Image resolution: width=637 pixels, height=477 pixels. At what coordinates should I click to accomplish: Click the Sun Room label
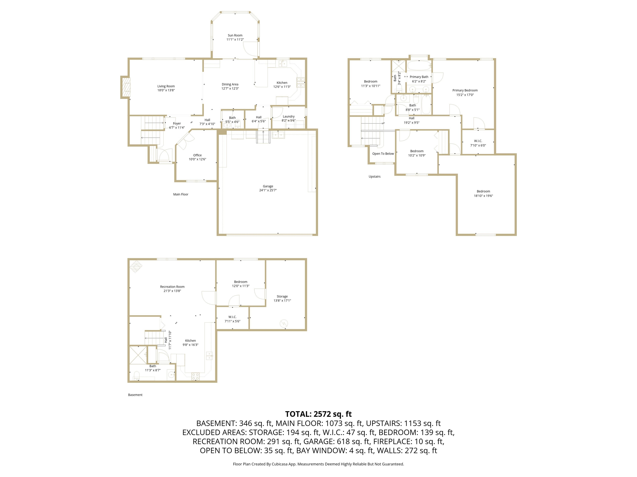(x=235, y=35)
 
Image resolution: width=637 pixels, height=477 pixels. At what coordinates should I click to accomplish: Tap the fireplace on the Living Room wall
(x=126, y=87)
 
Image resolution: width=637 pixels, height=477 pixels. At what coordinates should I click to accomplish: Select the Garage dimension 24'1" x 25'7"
(x=268, y=190)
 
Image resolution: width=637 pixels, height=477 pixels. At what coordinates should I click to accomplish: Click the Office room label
(x=197, y=155)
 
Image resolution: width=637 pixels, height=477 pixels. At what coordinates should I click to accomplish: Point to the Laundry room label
(x=289, y=116)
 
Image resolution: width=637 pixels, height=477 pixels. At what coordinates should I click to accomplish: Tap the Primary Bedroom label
(x=465, y=90)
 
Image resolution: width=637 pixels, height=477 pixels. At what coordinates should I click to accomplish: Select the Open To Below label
(x=383, y=154)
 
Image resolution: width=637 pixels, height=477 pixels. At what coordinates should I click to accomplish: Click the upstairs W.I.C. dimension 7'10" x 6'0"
(x=478, y=146)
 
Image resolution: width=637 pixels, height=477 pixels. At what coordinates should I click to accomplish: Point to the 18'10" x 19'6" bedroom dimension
(x=483, y=196)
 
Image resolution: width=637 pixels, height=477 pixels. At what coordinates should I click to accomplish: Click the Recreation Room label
(x=172, y=287)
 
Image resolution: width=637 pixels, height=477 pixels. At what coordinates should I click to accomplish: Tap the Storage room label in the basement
(x=282, y=296)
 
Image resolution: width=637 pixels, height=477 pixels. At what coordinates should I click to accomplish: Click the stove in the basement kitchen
(x=196, y=375)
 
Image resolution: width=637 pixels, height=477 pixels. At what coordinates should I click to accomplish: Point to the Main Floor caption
(x=181, y=194)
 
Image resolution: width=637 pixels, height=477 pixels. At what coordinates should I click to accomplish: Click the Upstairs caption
(x=374, y=177)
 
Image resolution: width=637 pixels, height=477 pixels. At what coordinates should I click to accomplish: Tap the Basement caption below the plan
(x=135, y=395)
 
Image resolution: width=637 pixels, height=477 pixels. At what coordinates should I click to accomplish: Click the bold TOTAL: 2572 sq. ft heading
(x=318, y=414)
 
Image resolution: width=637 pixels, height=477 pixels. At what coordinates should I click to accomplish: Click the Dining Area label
(x=230, y=84)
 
